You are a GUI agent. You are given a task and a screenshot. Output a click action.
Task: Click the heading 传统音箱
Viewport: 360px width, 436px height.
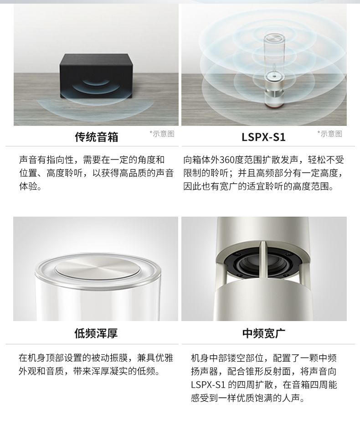96,137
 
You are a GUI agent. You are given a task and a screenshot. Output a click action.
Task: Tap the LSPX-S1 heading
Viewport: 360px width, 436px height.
263,137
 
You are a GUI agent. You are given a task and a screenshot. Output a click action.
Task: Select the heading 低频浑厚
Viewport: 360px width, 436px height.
96,333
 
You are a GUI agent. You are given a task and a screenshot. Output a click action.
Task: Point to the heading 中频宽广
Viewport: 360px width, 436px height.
263,333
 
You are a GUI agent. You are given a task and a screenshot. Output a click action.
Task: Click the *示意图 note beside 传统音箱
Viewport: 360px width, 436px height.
162,134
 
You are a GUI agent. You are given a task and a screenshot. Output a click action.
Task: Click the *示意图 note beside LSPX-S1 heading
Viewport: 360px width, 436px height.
330,134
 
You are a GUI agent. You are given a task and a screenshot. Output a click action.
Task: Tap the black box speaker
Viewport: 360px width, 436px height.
96,76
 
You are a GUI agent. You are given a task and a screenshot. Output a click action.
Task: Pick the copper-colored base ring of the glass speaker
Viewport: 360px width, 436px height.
273,105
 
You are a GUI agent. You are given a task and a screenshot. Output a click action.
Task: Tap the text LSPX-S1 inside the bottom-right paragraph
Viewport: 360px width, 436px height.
208,385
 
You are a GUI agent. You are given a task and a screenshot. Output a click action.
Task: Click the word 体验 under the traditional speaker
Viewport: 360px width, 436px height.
28,187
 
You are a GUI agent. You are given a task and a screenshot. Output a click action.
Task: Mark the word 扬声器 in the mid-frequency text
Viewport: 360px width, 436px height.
205,372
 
